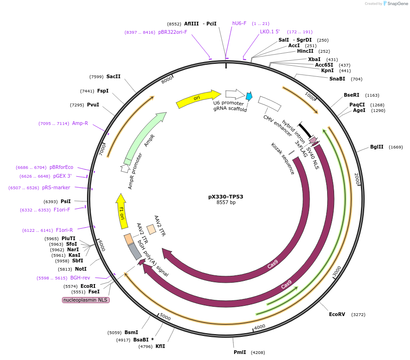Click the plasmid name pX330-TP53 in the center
(x=225, y=197)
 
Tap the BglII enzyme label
(x=377, y=147)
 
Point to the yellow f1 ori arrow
(x=122, y=211)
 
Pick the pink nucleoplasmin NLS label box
(x=86, y=300)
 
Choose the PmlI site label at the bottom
(x=240, y=352)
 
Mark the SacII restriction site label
(x=113, y=76)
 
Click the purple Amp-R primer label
(x=80, y=124)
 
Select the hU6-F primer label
(x=239, y=23)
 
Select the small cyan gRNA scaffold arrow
(x=249, y=96)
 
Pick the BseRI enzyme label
(x=352, y=95)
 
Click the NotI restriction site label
(x=81, y=269)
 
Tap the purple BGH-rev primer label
(x=80, y=278)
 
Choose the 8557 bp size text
(x=226, y=203)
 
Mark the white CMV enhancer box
(x=269, y=103)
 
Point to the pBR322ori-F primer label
(x=173, y=32)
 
